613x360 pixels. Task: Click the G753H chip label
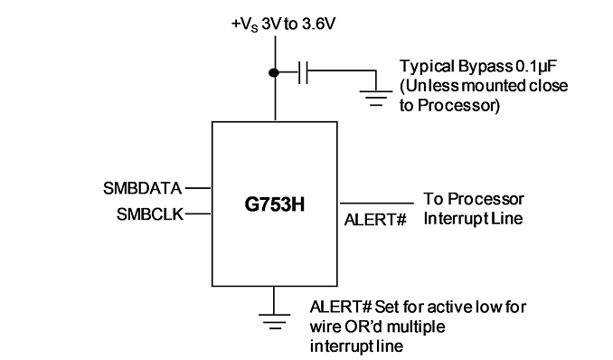click(x=275, y=204)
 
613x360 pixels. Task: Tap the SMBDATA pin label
click(x=142, y=189)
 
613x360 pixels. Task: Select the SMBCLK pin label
click(x=150, y=214)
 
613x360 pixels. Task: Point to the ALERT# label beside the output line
click(x=375, y=220)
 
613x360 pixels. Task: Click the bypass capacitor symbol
click(x=303, y=72)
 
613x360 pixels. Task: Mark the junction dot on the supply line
click(x=274, y=72)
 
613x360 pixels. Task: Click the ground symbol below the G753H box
click(x=275, y=321)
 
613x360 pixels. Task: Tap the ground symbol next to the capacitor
click(x=376, y=99)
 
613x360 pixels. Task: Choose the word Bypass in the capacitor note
click(x=485, y=67)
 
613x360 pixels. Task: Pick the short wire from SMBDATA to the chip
click(x=198, y=188)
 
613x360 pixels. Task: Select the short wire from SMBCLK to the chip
click(x=198, y=213)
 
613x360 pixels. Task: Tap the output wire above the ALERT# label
click(x=377, y=204)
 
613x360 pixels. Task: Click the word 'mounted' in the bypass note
click(x=495, y=86)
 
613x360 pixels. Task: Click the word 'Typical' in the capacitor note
click(x=427, y=67)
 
